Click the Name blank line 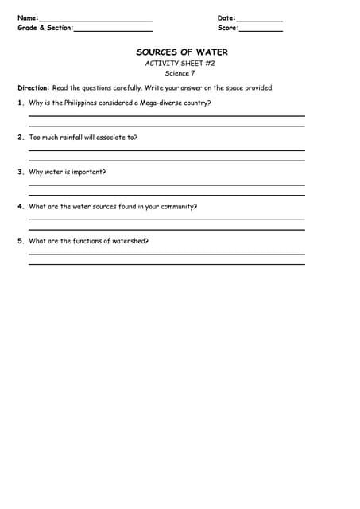click(95, 20)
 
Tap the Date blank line click(259, 20)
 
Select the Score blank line click(261, 30)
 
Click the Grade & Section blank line click(113, 30)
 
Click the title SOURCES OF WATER click(182, 52)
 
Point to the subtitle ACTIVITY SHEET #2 click(180, 63)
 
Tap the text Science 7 click(180, 73)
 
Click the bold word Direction click(33, 88)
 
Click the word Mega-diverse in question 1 click(157, 103)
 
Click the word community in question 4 click(178, 206)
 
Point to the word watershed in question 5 click(130, 241)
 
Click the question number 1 click(20, 103)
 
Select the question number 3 click(20, 172)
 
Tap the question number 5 click(20, 241)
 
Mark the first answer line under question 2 click(167, 150)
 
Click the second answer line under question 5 click(167, 263)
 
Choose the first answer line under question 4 click(167, 220)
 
